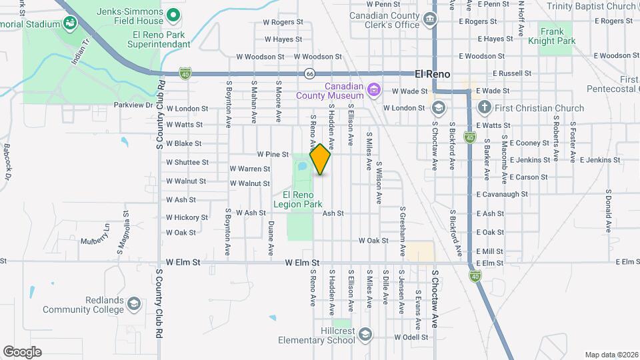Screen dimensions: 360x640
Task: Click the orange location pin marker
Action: point(321,159)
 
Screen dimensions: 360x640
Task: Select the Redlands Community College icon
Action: point(134,304)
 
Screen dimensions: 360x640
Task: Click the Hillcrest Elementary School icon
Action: point(365,334)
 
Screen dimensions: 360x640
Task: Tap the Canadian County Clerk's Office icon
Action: point(430,19)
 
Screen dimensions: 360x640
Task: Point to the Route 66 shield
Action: point(309,73)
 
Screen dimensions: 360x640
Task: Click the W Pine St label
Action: point(272,154)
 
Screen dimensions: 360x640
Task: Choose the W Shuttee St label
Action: point(187,162)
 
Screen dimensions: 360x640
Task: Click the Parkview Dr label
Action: point(133,105)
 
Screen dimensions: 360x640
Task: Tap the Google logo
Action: point(22,352)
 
